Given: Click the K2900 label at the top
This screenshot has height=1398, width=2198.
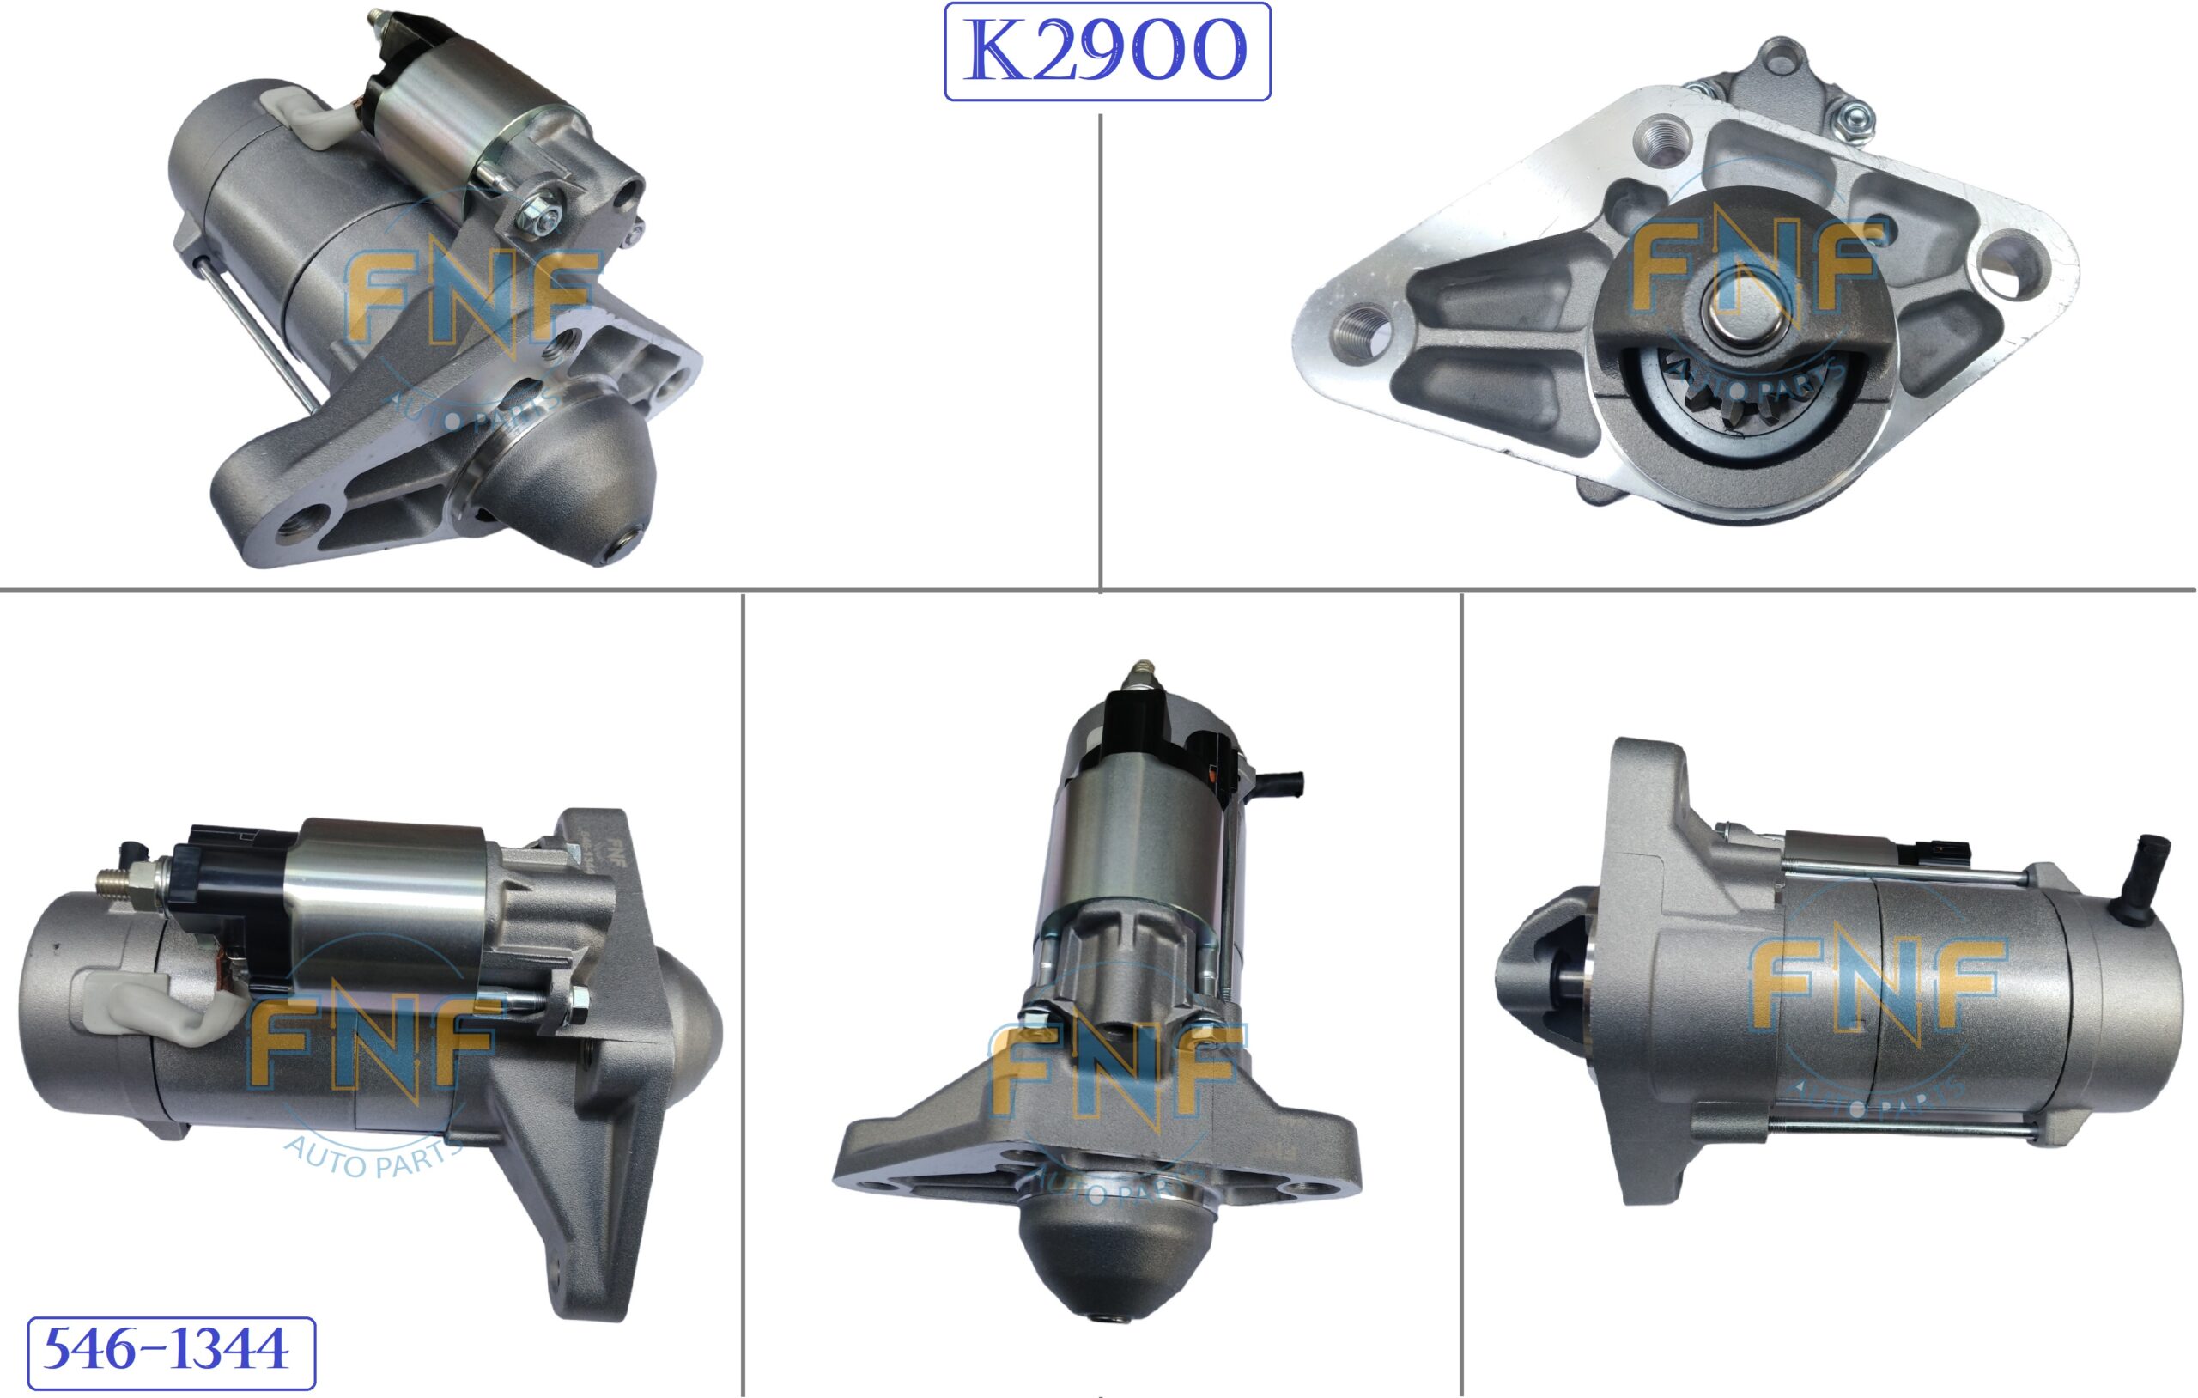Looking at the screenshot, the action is tap(1108, 52).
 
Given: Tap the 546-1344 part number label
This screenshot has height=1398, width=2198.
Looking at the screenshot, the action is tap(171, 1352).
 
